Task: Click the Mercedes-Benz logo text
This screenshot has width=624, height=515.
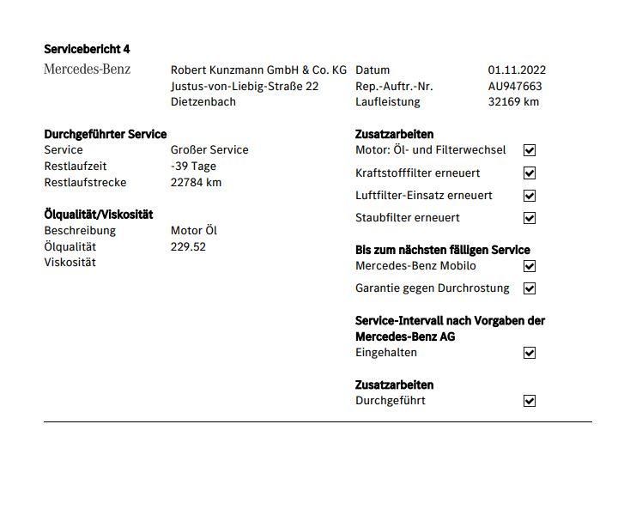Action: (87, 70)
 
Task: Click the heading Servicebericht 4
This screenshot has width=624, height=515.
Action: (87, 49)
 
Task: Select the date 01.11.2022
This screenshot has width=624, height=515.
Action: (517, 70)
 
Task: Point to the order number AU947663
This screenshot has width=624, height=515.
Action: (515, 86)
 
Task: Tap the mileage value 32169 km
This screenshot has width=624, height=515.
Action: (513, 102)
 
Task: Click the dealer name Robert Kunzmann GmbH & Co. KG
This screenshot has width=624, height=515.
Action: (258, 70)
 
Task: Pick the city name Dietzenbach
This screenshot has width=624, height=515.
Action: (203, 102)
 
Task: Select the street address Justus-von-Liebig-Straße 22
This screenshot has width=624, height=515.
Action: (245, 86)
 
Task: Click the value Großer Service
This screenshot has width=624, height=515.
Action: (209, 150)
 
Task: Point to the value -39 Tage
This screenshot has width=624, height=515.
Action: (194, 167)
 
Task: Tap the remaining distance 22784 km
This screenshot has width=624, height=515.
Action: (196, 182)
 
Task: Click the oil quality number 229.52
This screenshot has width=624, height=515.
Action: (188, 247)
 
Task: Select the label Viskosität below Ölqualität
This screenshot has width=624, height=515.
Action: (70, 263)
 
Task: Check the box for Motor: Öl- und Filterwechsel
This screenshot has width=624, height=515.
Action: (530, 150)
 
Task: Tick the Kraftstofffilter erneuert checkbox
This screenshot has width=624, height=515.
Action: (530, 173)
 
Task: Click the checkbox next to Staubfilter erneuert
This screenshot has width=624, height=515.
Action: (530, 218)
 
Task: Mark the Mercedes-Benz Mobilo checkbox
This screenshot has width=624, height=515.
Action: (530, 266)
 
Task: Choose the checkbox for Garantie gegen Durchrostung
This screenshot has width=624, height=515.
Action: (530, 288)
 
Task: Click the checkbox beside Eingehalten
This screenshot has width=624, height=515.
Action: (530, 353)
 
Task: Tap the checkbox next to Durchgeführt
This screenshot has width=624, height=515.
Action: (530, 401)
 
